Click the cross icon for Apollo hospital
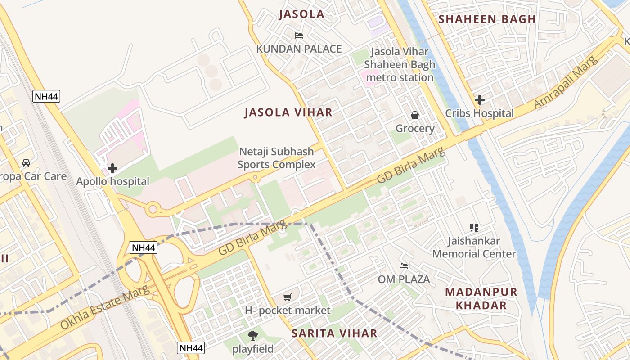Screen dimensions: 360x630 coord(112,168)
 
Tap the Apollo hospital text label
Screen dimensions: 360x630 coord(112,182)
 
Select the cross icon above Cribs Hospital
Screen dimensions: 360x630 coord(480,100)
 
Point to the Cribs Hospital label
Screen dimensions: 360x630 coord(479,113)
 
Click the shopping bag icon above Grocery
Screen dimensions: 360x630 coord(415,115)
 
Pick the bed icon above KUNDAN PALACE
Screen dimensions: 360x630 coord(299,36)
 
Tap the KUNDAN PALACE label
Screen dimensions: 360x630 coord(299,49)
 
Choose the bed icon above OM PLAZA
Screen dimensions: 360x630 coord(404,266)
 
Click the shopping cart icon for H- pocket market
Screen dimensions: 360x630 coord(288,297)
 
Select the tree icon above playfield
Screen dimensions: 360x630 coord(253,335)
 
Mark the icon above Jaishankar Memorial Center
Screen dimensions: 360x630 coord(474,228)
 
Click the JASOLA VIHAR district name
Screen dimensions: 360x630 coord(288,112)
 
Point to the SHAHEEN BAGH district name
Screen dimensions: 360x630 coord(487,19)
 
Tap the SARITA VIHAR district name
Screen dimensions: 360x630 coord(334,333)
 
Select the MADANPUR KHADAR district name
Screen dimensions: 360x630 coord(481,298)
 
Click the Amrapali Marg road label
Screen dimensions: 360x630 coord(566,82)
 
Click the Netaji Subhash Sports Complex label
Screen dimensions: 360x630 coord(276,158)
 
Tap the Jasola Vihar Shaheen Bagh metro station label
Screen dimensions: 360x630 coord(400,65)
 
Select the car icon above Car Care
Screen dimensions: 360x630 coord(26,163)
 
